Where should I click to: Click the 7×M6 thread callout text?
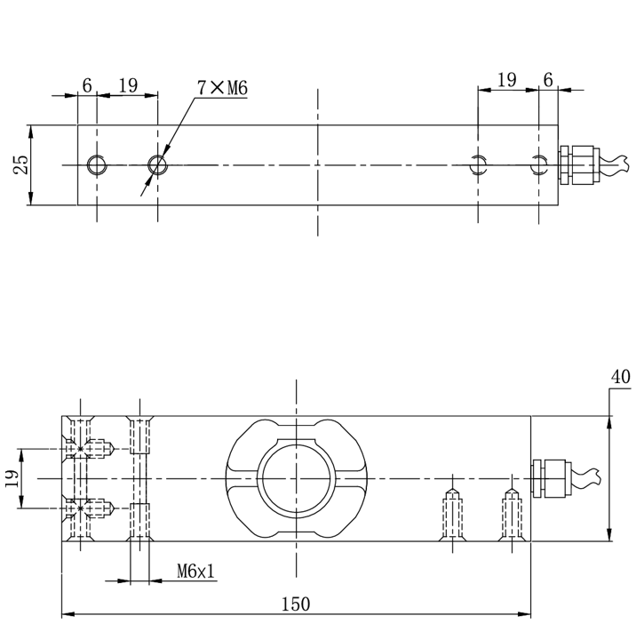pos(222,88)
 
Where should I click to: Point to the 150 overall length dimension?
pos(295,604)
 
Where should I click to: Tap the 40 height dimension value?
pos(621,377)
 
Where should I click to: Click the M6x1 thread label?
pos(196,572)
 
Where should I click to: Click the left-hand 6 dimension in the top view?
pos(86,84)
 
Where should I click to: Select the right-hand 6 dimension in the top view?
pos(548,80)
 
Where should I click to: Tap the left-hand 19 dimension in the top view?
pos(127,84)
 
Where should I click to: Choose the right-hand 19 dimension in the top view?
pos(506,80)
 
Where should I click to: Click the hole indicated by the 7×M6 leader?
pos(157,164)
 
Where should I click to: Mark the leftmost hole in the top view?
pos(96,164)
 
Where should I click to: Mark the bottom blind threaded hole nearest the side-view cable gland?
pos(511,516)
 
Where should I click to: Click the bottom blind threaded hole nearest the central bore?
pos(452,516)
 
